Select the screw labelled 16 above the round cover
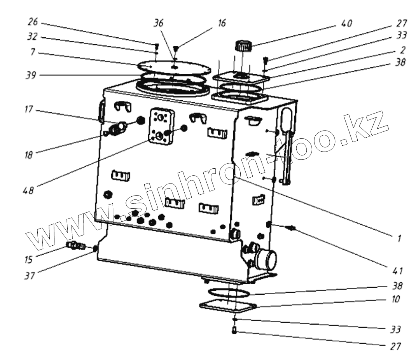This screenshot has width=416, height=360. [176, 48]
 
